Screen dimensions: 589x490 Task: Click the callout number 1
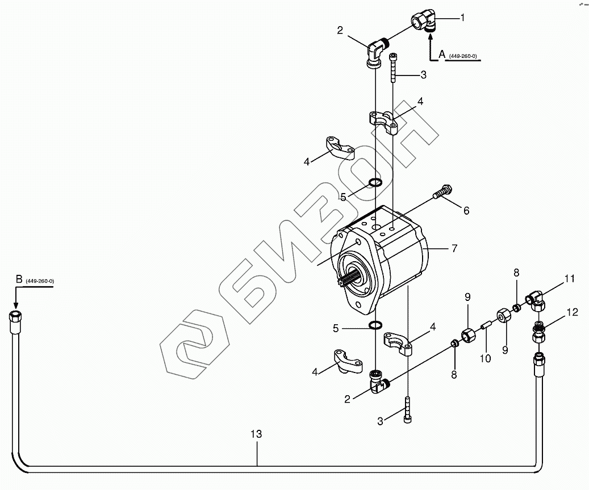[462, 18]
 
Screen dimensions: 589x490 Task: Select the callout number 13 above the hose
[256, 434]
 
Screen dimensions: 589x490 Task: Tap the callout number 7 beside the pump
[454, 248]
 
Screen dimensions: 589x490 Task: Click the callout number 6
[466, 211]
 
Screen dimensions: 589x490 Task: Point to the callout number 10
[485, 359]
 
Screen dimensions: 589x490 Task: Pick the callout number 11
[570, 279]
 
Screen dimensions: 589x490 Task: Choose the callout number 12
[572, 312]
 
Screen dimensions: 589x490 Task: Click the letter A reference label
[442, 55]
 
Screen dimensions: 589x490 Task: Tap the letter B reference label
[19, 279]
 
